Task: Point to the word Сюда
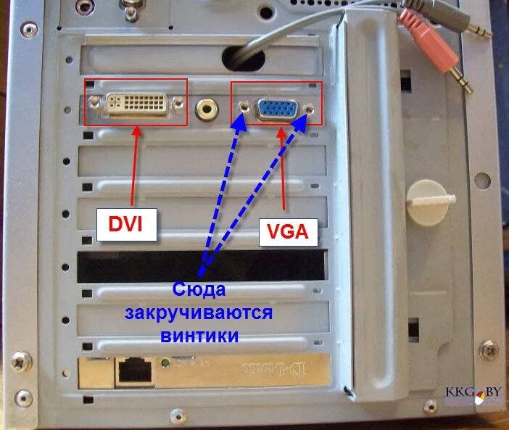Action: pos(200,291)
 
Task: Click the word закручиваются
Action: pos(198,313)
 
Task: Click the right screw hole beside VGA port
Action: pos(310,109)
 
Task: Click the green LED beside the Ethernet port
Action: pos(169,362)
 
